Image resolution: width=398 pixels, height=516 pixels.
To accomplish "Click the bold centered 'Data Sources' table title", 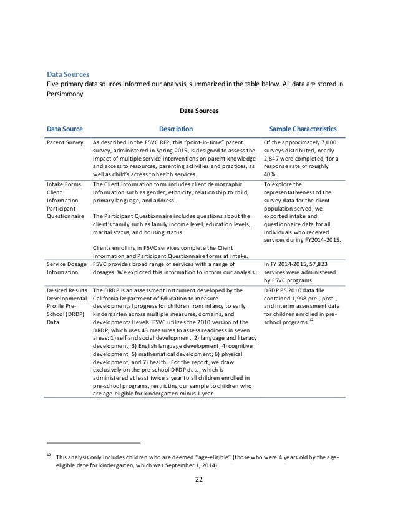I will pyautogui.click(x=199, y=111).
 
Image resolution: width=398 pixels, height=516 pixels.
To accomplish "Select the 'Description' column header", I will pyautogui.click(x=175, y=129).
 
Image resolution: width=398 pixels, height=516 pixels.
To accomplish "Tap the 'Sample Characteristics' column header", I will pyautogui.click(x=303, y=129).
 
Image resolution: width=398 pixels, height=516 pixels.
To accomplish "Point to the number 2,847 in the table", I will pyautogui.click(x=272, y=159).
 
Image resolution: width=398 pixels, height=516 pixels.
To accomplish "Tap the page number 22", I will pyautogui.click(x=199, y=480).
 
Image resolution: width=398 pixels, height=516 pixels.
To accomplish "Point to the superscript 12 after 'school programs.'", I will pyautogui.click(x=311, y=320).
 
